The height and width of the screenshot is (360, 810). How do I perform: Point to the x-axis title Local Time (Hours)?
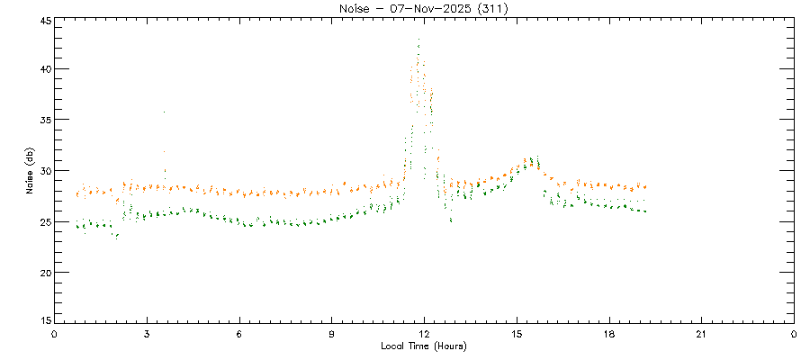424,346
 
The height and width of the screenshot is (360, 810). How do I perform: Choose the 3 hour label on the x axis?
147,334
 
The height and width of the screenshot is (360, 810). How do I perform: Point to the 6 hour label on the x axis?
239,334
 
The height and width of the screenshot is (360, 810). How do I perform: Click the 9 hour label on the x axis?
332,334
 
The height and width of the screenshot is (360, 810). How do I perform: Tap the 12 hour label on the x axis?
424,334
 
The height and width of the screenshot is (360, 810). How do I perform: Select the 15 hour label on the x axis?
517,334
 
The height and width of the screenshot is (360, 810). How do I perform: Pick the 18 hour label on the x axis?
609,334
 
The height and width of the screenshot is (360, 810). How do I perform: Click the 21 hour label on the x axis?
701,334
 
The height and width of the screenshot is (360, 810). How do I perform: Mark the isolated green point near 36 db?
164,112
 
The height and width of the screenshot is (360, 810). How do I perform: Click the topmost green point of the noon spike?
419,40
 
